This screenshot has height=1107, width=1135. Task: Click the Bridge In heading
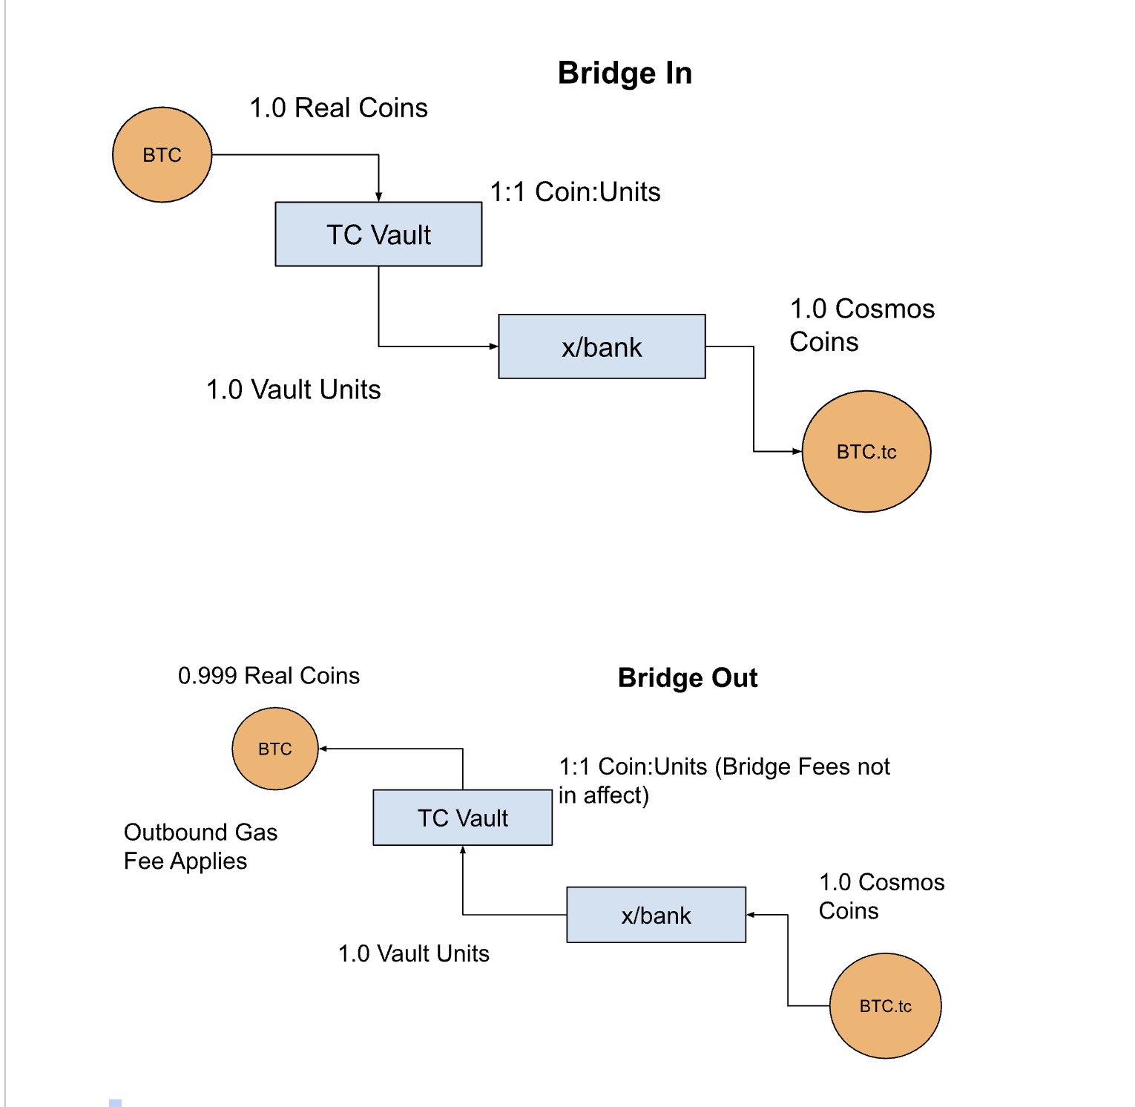(625, 73)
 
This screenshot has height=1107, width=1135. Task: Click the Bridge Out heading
(688, 678)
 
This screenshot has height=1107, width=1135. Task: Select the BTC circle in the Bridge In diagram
(162, 155)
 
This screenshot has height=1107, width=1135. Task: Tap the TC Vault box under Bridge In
(378, 234)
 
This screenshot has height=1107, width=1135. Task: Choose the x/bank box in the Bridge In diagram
(602, 346)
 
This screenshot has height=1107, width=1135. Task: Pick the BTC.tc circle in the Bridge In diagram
(866, 451)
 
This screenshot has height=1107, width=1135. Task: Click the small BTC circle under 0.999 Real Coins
(275, 749)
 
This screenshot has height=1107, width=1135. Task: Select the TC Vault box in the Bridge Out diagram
(462, 818)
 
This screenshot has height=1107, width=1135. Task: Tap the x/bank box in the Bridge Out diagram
(656, 915)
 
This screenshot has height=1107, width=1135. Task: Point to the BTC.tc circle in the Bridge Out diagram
(885, 1006)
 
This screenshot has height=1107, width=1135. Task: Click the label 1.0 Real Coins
(338, 108)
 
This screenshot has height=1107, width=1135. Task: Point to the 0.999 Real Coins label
(269, 676)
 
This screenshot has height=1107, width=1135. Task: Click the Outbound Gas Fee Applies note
(200, 847)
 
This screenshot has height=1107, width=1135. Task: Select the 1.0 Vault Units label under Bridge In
(293, 390)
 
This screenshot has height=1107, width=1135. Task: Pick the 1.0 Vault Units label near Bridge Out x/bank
(413, 953)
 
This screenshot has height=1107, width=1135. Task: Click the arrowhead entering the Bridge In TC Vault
(378, 197)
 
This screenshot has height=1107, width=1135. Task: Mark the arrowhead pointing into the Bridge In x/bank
(493, 346)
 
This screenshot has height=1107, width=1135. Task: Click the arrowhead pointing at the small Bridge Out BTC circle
(323, 749)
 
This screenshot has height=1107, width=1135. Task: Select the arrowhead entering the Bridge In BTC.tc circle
(797, 451)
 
